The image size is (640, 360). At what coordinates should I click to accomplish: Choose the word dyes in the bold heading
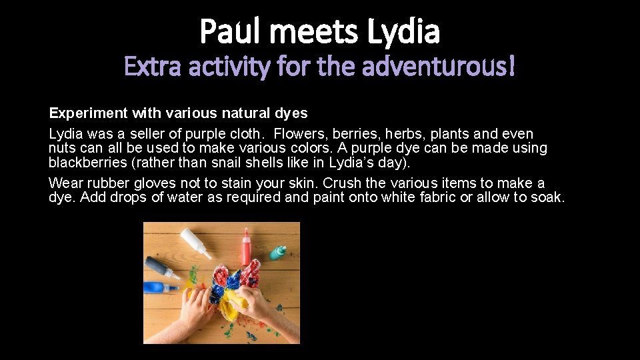[292, 113]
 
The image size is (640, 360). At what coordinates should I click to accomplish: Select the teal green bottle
[279, 252]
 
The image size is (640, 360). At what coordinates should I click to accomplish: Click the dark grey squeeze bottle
[162, 267]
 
